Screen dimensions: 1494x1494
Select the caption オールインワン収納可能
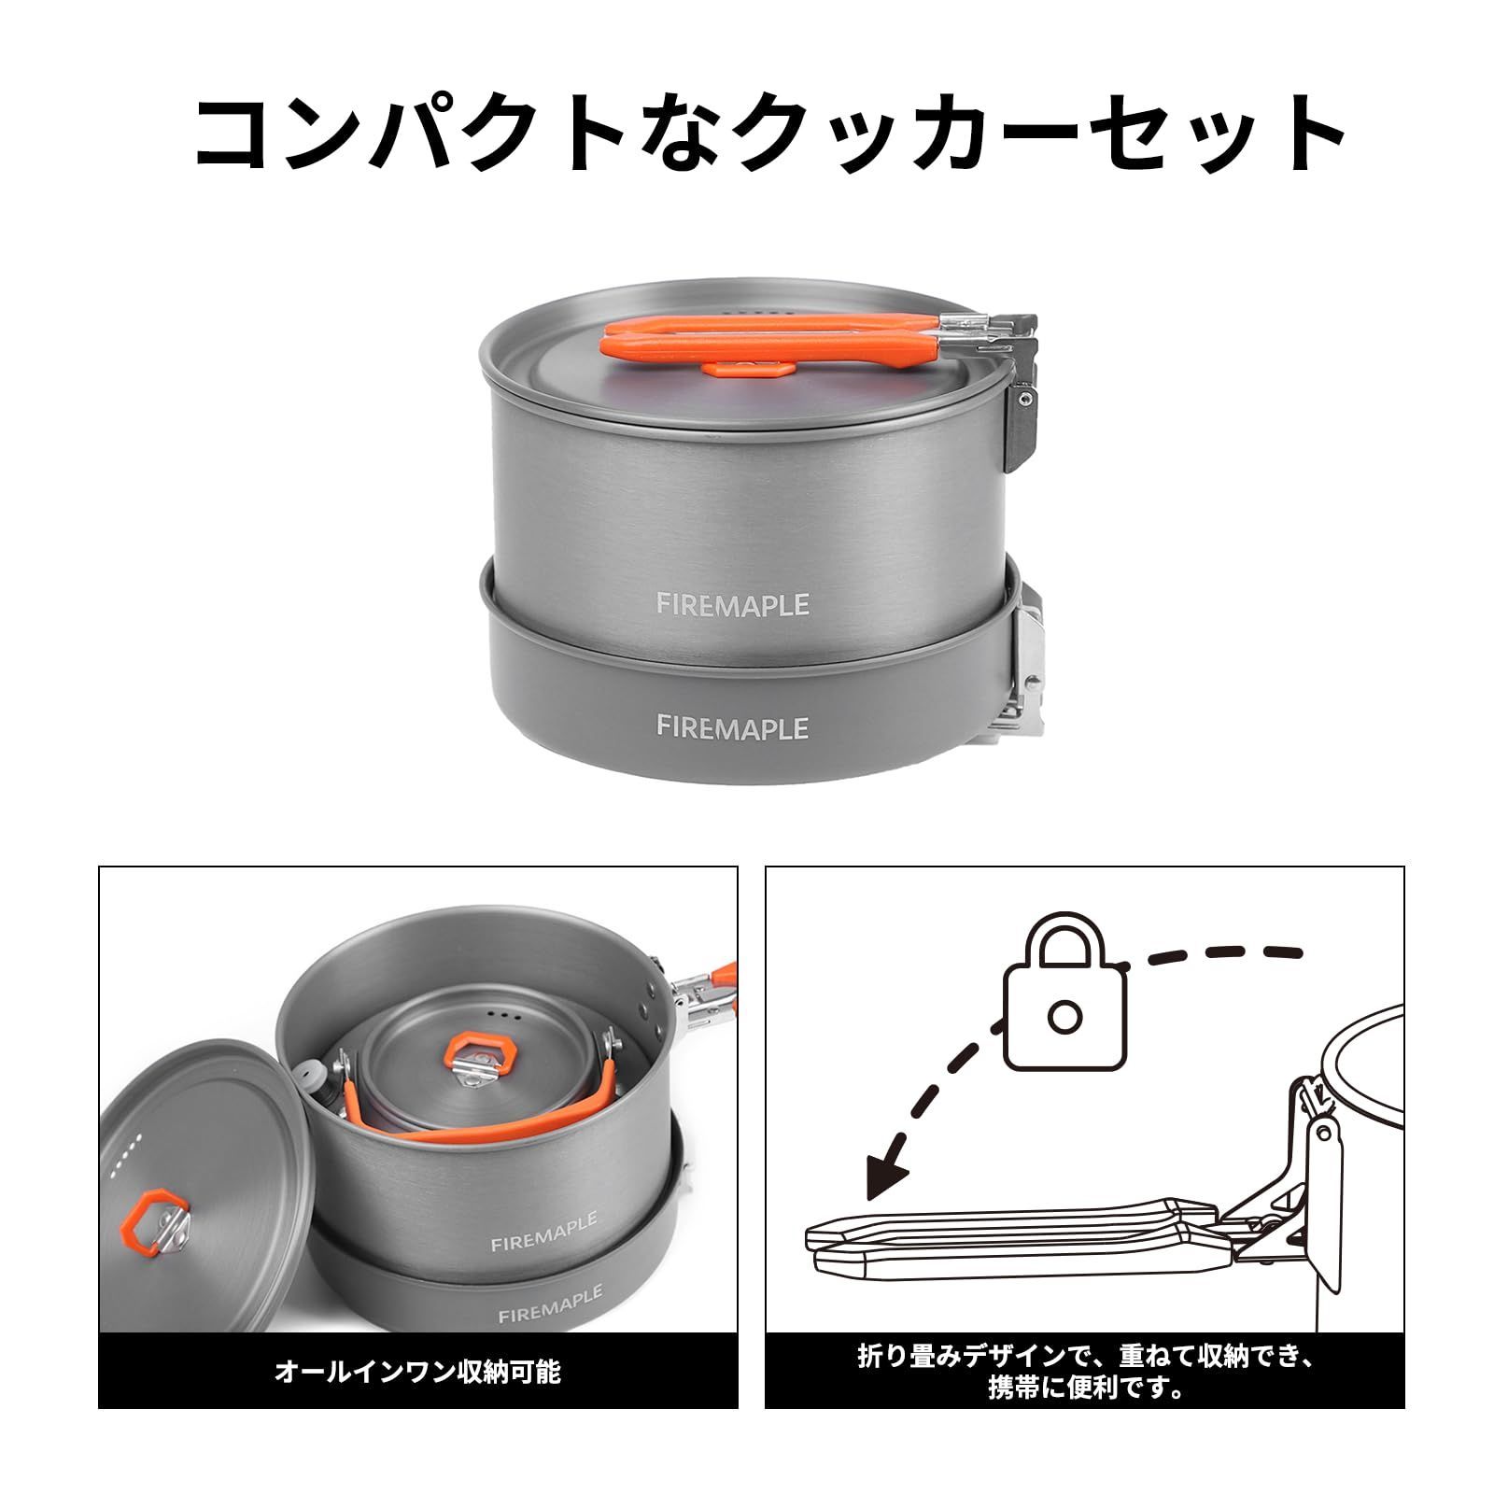tap(417, 1372)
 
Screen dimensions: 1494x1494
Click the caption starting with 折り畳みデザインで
tap(1086, 1372)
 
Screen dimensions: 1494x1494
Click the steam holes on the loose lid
tap(127, 1155)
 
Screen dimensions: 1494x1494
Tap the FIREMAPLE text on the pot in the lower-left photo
tap(543, 1236)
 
